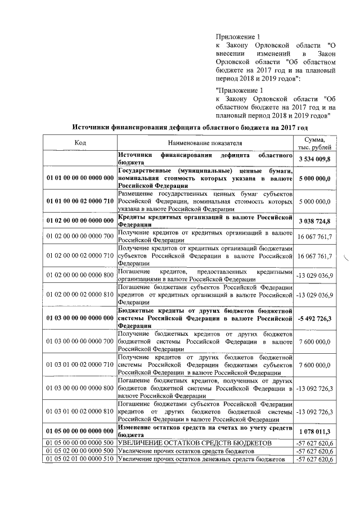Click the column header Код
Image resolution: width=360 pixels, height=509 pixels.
click(x=80, y=142)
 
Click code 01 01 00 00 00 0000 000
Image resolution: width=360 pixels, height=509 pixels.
click(x=80, y=178)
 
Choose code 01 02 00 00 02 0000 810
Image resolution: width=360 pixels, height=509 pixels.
click(x=80, y=294)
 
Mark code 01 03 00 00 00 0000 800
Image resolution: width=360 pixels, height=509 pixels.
click(x=80, y=388)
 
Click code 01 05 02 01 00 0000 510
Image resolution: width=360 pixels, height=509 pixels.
click(x=80, y=460)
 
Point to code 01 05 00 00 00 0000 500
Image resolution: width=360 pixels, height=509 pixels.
click(x=80, y=443)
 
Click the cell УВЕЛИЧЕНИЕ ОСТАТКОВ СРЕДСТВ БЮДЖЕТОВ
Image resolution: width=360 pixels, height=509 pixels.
click(x=194, y=443)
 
